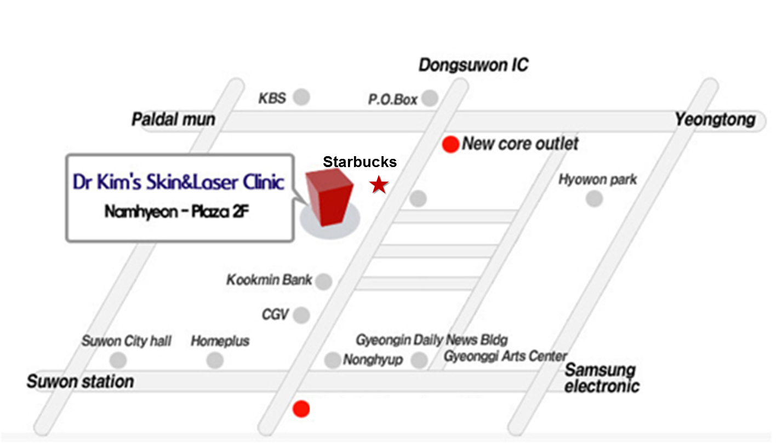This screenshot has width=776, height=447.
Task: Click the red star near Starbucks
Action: [x=379, y=185]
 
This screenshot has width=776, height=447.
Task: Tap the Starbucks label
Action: [x=360, y=162]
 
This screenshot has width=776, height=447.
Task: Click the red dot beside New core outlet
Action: [x=450, y=145]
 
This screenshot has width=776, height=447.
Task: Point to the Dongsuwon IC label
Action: [x=473, y=66]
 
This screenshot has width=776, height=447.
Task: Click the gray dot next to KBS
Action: [x=301, y=98]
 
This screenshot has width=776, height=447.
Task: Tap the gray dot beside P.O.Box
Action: [x=430, y=99]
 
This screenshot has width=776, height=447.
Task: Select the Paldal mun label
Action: [x=173, y=119]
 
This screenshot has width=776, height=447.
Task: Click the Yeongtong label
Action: [x=715, y=119]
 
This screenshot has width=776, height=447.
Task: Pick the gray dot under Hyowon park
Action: [x=594, y=199]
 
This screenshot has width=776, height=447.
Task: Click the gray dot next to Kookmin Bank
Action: [x=324, y=282]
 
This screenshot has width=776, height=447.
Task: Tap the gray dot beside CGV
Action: [x=301, y=315]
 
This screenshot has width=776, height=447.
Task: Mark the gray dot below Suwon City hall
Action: [x=118, y=360]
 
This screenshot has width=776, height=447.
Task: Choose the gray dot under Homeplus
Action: [x=215, y=360]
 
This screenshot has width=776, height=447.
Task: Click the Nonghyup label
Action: [x=373, y=360]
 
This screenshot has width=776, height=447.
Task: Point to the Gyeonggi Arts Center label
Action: [x=505, y=356]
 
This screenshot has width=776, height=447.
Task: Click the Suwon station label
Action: [x=80, y=381]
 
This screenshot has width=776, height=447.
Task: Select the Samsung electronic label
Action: [x=601, y=378]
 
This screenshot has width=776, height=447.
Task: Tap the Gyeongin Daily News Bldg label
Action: [x=432, y=340]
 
